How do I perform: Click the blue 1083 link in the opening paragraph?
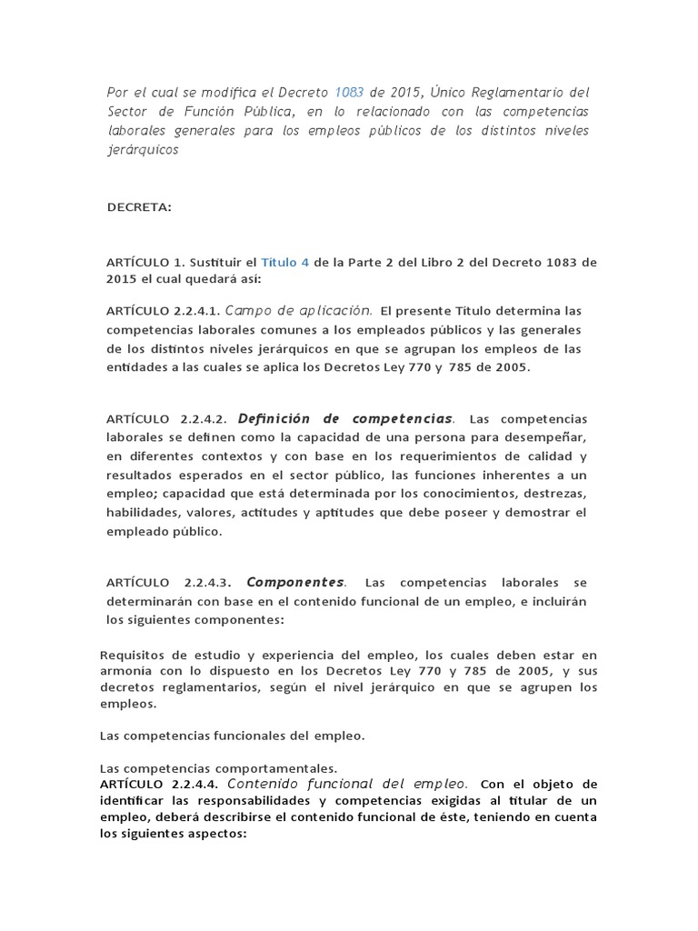coord(349,92)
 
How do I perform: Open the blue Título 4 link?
coord(285,262)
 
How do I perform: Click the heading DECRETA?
coord(139,207)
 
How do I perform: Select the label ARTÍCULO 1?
coord(145,262)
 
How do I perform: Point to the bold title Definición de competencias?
coord(344,418)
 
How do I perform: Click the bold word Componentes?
coord(295,582)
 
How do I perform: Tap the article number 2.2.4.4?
coord(194,784)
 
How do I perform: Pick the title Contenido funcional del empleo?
coord(347,783)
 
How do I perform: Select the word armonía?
coord(126,671)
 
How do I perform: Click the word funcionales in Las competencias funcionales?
coord(256,735)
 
